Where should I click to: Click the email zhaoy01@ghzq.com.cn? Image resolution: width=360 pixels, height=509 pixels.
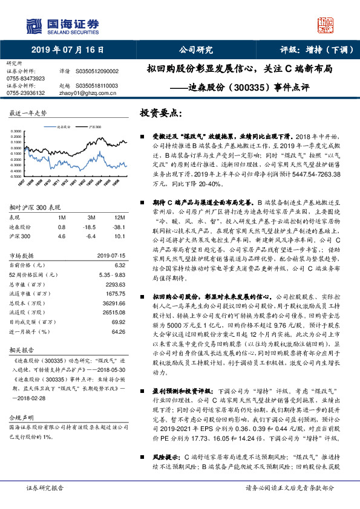click(83, 93)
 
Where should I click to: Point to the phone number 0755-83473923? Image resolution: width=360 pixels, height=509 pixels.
click(25, 79)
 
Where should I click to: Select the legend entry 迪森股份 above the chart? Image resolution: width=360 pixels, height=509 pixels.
click(64, 128)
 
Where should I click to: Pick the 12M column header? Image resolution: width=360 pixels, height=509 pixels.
click(119, 216)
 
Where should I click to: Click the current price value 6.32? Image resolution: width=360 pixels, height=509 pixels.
click(119, 265)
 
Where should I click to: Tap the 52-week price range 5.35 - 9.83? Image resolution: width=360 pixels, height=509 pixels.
click(110, 274)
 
